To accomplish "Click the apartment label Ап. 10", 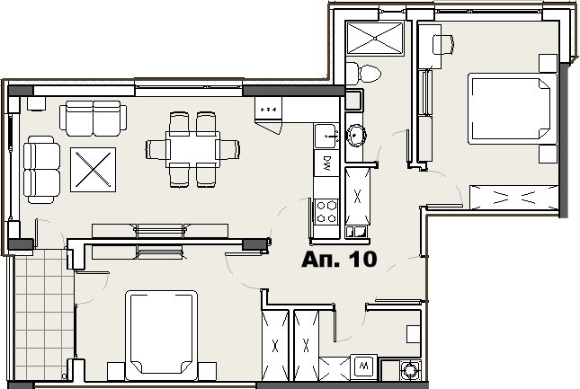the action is [339, 260].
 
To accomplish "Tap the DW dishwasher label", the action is [326, 163].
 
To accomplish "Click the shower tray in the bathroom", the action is [375, 38].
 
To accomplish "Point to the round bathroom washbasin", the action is [356, 136].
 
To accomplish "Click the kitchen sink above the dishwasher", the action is [326, 137].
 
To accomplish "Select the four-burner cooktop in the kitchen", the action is [326, 212].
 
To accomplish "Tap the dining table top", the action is [192, 149].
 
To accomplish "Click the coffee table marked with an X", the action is [93, 170].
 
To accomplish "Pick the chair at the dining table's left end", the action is [157, 149].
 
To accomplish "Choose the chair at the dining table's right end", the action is [228, 149].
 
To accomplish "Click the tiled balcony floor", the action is [44, 314].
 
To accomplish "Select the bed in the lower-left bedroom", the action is [161, 335].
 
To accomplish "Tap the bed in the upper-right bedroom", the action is [513, 108].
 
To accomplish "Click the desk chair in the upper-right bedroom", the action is [443, 45].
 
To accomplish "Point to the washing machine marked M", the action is [363, 367].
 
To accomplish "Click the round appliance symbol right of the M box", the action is [410, 369].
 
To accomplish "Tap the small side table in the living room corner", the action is [36, 103].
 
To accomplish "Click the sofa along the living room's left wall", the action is [41, 170].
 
